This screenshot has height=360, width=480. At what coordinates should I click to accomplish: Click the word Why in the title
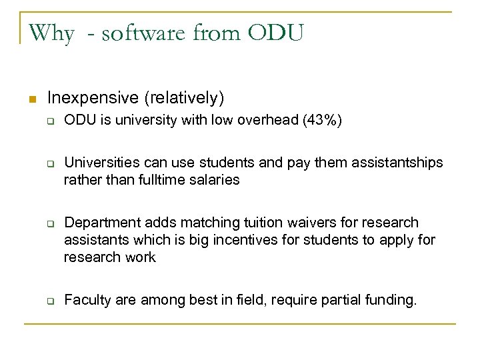click(x=51, y=32)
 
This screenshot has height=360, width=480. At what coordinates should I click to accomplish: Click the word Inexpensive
click(x=92, y=99)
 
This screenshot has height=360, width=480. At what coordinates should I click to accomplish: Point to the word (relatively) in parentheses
click(x=183, y=99)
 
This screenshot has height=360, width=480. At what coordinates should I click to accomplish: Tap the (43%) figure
click(x=323, y=121)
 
